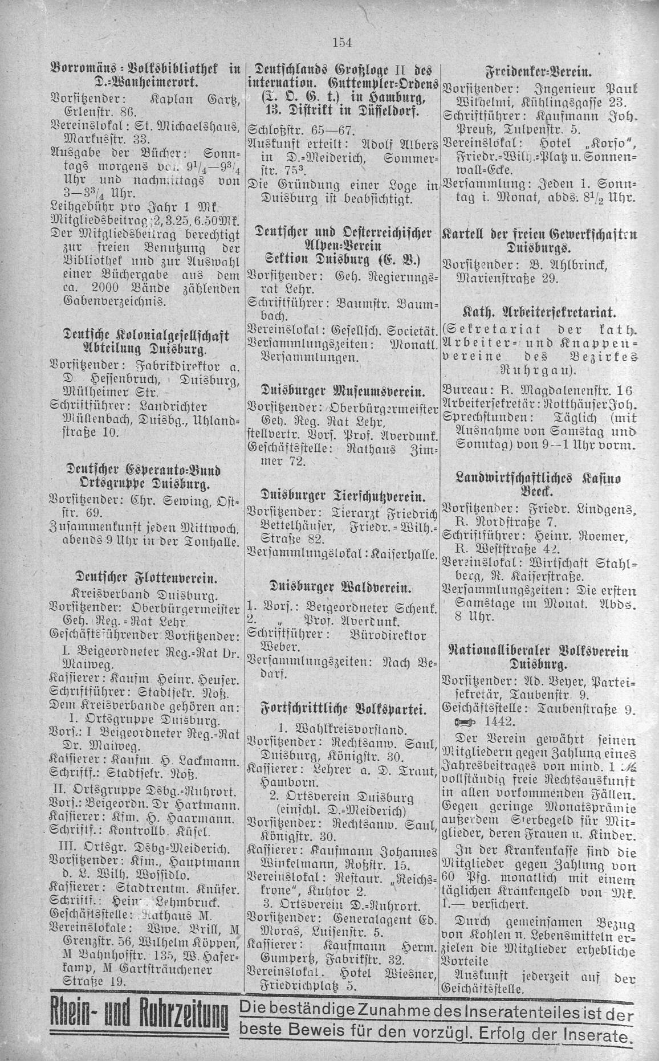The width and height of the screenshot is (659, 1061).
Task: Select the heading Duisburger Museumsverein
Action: coord(341,392)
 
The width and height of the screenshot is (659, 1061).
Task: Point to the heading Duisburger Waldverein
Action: coord(341,587)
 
